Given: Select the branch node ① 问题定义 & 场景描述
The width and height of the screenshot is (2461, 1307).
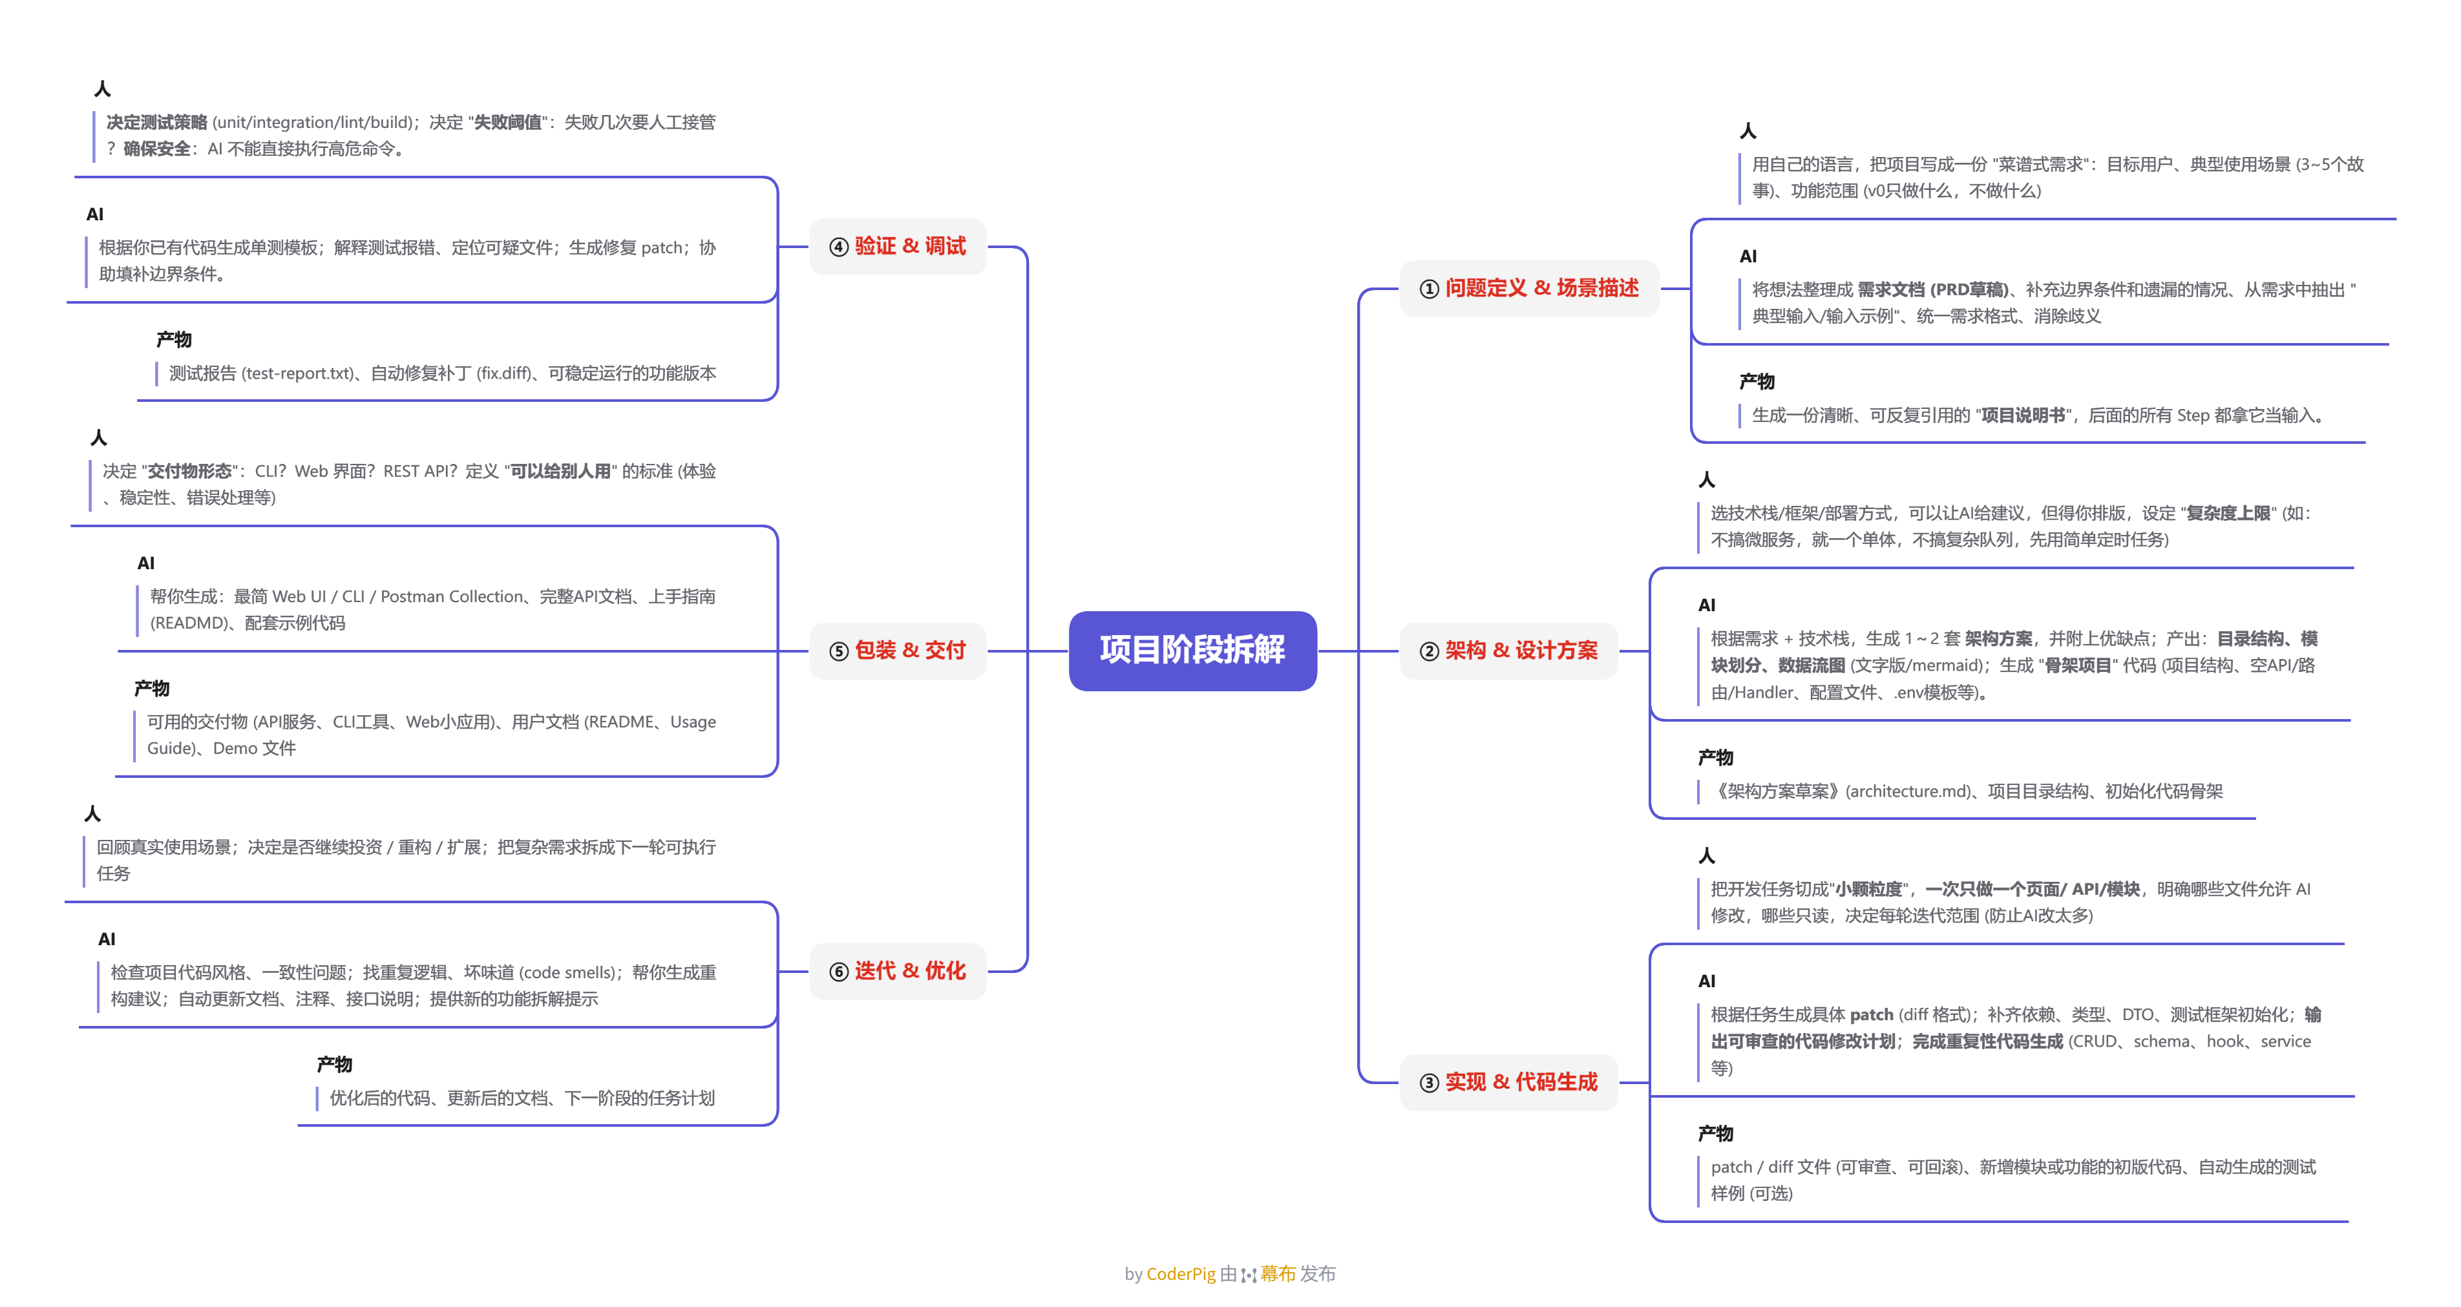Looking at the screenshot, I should [x=1530, y=288].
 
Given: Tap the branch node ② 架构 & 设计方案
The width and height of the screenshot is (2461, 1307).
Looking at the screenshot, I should [x=1510, y=651].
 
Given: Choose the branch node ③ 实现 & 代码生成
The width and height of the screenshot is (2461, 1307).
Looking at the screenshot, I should [x=1510, y=1082].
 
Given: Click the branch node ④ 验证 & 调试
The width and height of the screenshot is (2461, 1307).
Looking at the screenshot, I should [x=898, y=247].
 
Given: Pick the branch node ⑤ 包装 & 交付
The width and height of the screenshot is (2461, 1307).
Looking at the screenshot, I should [x=898, y=651].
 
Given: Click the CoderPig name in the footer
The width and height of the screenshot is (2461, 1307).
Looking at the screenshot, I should [x=1180, y=1273].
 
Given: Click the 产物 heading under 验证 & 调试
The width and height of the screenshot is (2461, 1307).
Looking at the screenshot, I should [x=174, y=339].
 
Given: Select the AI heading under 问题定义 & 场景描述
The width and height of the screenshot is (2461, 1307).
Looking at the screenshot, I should [x=1748, y=256].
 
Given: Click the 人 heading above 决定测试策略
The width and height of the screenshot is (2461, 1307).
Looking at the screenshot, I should [x=102, y=89].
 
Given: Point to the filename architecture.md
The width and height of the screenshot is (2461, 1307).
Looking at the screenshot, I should [x=1907, y=791].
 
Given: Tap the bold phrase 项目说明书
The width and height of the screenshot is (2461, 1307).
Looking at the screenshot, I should [x=2022, y=415].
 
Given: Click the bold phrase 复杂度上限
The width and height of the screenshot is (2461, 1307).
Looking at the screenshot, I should [x=2228, y=513].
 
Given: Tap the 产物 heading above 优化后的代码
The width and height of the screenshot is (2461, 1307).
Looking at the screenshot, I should [x=334, y=1064].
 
